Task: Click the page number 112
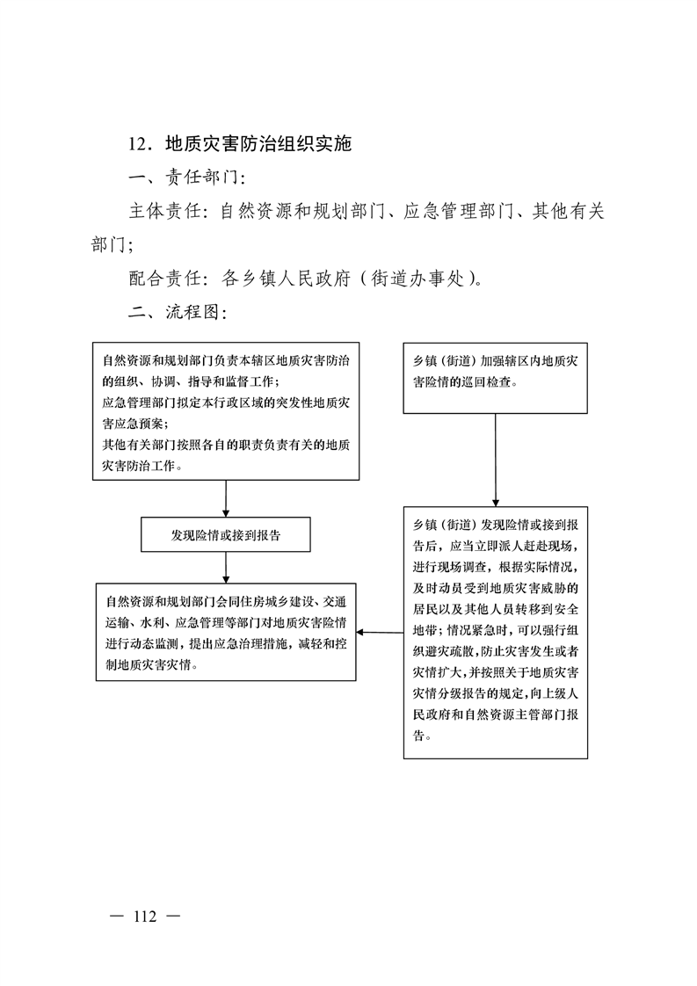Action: pos(145,917)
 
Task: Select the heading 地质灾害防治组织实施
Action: pos(258,144)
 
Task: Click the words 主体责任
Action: pos(165,211)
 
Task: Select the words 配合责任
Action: pos(165,278)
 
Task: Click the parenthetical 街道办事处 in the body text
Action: pos(417,278)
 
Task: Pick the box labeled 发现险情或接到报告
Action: pos(226,534)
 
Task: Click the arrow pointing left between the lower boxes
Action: pos(380,632)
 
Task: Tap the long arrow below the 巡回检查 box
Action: pos(496,460)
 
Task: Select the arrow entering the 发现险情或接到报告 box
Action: pos(226,498)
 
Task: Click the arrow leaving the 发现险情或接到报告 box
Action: pos(226,567)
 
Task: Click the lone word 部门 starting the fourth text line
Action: pos(109,244)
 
